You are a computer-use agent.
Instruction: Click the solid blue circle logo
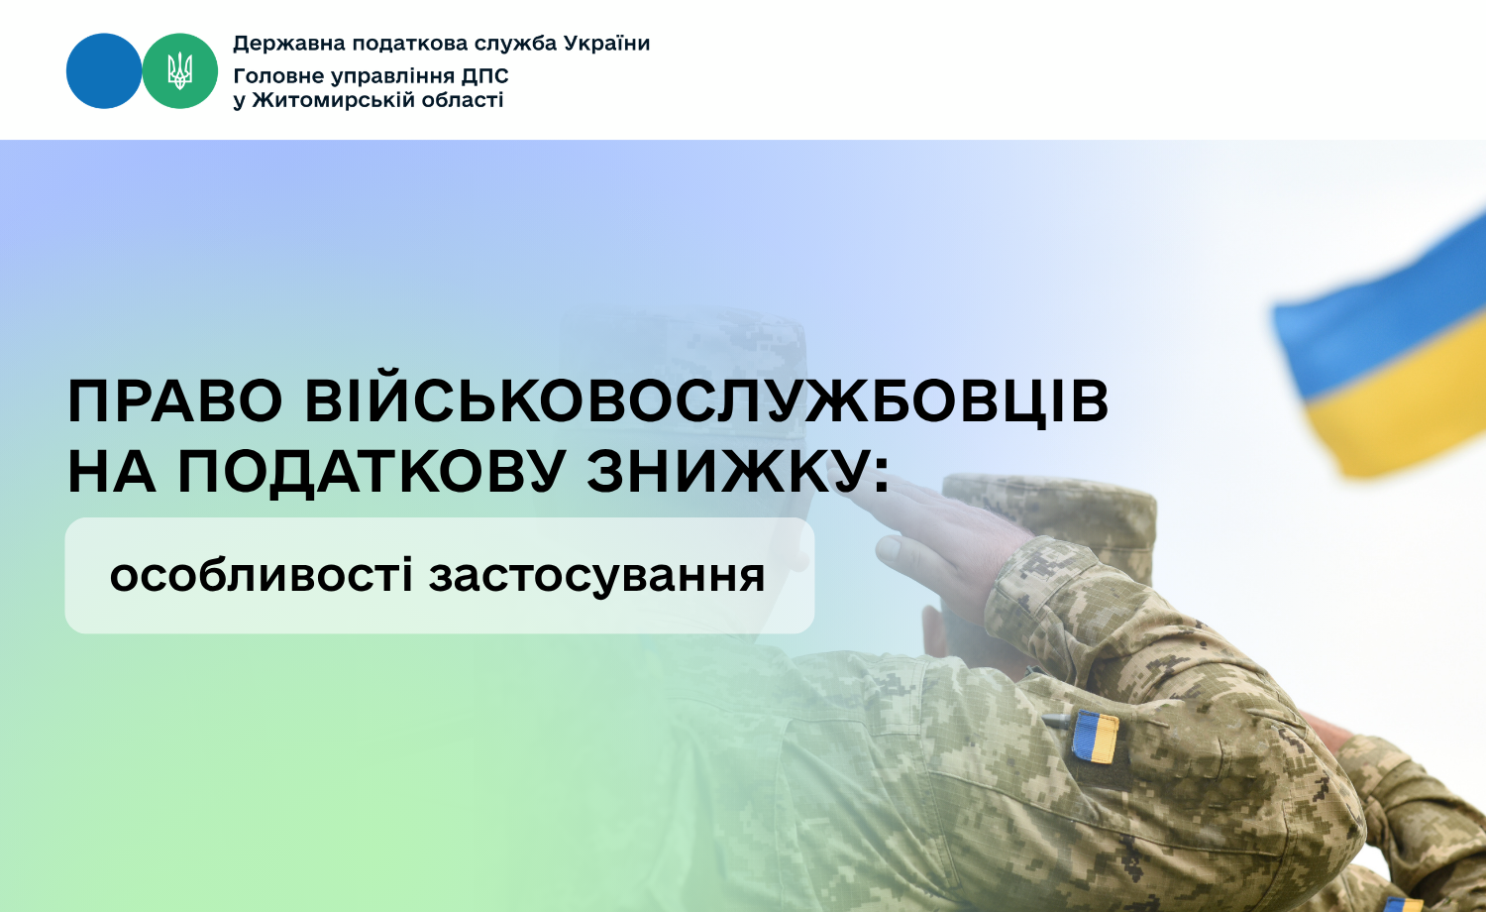[104, 71]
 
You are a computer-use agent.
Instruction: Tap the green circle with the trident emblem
[179, 71]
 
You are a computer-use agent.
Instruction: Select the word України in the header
[606, 44]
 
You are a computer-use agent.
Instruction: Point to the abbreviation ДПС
[485, 76]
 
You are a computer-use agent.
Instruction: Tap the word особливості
[263, 575]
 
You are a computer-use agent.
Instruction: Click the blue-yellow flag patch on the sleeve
[1096, 737]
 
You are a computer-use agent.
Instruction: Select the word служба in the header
[512, 44]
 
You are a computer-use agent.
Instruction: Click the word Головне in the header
[279, 76]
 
